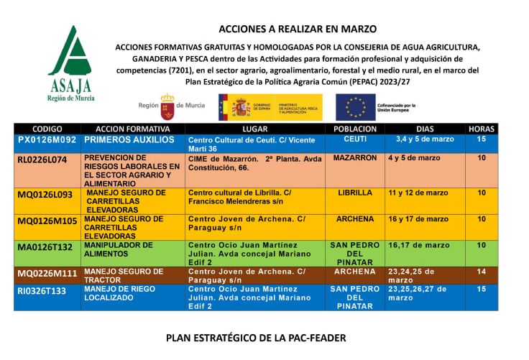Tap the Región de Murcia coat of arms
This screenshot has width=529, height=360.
click(167, 106)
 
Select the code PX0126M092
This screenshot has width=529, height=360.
click(47, 139)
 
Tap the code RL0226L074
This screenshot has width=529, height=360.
click(42, 159)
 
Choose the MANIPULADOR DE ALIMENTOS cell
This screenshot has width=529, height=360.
click(119, 249)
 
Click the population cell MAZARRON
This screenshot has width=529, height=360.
click(355, 158)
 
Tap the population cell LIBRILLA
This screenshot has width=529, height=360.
click(355, 193)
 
